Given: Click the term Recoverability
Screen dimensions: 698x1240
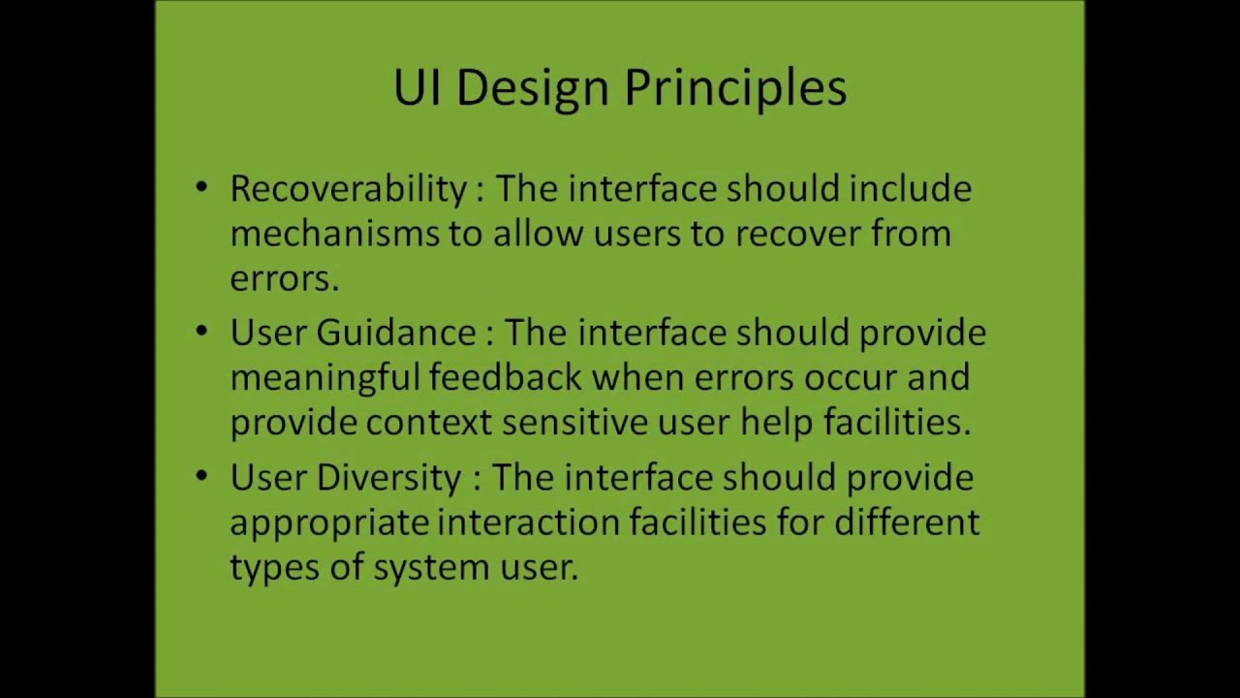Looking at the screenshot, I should [x=348, y=189].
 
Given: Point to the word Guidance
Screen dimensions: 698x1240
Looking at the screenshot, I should [x=396, y=333].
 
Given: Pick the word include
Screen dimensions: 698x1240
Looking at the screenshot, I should [x=910, y=188].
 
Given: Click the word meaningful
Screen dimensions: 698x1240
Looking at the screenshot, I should [x=325, y=378].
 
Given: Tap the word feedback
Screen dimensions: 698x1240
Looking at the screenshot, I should [x=506, y=377].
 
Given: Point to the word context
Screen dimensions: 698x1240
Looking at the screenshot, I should [x=429, y=423].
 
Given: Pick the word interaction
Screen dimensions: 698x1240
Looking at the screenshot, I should [x=528, y=523].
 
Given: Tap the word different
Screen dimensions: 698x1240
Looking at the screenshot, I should [x=907, y=523].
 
